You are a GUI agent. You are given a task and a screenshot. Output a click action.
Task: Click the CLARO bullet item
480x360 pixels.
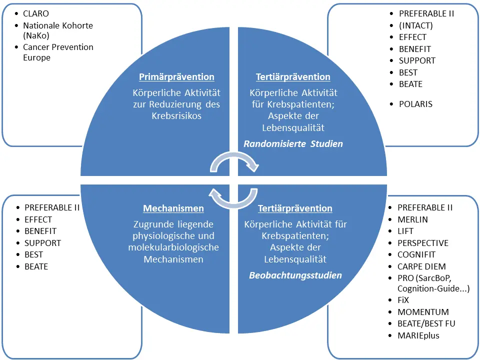[x=36, y=14]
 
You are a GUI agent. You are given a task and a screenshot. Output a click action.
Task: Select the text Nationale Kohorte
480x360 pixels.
[x=58, y=25]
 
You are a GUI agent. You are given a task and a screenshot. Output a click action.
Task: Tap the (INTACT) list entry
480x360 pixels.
[x=415, y=25]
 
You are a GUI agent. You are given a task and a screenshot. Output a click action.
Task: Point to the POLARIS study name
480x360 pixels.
[x=415, y=104]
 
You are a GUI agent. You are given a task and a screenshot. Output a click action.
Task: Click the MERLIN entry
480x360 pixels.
[x=412, y=219]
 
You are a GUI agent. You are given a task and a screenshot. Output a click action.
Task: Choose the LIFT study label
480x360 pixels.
[x=405, y=231]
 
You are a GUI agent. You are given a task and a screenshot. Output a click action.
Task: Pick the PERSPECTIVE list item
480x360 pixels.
[x=423, y=243]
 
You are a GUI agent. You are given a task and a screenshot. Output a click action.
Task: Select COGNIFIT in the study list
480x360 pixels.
[x=416, y=254]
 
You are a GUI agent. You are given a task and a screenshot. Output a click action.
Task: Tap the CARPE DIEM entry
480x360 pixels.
[x=421, y=266]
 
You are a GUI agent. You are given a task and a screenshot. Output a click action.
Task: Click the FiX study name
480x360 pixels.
[x=403, y=300]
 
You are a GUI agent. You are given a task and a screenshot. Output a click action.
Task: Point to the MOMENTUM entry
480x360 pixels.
[x=423, y=312]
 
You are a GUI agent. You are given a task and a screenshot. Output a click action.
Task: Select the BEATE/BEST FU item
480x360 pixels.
[x=426, y=323]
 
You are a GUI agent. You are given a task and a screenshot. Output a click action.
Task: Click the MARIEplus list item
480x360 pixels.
[x=418, y=335]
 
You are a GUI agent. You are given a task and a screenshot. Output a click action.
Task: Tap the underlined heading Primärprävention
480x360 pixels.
[x=176, y=77]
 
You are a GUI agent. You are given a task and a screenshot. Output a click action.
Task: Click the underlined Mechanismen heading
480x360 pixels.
[x=173, y=208]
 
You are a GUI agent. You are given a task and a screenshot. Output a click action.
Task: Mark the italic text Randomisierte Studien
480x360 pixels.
[x=293, y=144]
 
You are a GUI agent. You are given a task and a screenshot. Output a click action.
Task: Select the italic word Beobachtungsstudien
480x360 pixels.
[x=295, y=275]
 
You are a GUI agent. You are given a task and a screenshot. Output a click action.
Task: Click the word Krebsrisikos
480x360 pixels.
[x=176, y=116]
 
